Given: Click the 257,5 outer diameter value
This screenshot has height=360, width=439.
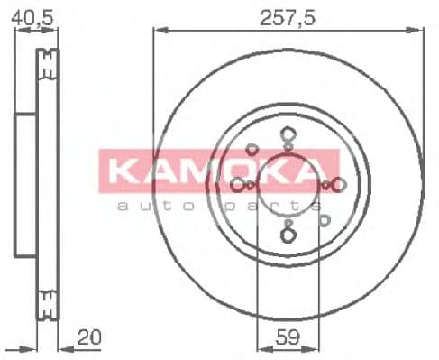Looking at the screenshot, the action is point(288,18).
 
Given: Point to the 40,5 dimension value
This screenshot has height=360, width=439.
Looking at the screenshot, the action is point(32,18).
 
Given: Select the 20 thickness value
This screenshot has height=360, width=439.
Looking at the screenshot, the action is point(89,337).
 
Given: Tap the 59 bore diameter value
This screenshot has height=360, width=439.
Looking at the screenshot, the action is point(288,337).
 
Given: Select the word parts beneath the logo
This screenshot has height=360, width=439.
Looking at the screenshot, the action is point(273,207).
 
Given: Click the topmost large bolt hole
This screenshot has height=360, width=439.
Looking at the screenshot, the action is point(288,134).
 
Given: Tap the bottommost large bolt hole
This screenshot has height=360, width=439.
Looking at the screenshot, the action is point(288,235).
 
